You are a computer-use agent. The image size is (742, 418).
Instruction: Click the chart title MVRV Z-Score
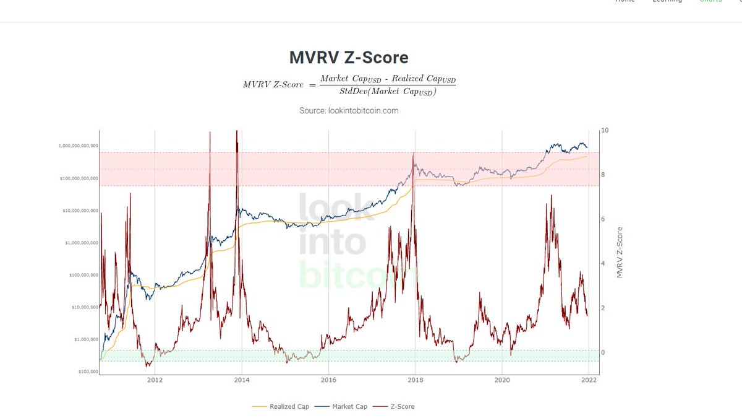pos(349,58)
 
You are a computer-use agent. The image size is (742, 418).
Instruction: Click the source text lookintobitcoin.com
pos(349,110)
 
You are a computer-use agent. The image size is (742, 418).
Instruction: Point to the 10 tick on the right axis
pos(605,131)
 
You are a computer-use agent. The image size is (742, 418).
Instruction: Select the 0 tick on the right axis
pos(603,352)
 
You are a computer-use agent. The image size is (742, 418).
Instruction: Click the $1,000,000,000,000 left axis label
pos(78,146)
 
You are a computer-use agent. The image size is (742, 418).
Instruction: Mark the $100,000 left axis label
pos(88,372)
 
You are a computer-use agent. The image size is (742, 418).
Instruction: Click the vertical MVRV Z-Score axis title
pos(620,251)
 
